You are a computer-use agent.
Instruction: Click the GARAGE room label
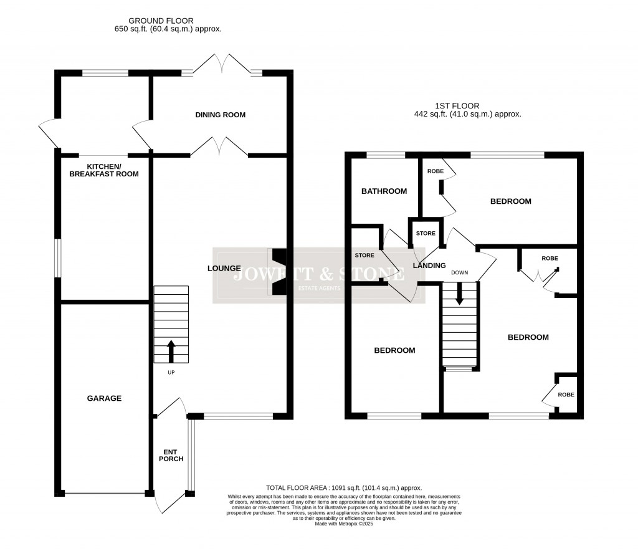105,398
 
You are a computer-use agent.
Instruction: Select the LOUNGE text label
224,269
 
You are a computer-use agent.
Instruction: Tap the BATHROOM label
384,191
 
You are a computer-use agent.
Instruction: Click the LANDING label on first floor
430,266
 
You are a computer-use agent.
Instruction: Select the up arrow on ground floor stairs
171,351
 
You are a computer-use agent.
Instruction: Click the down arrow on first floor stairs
460,294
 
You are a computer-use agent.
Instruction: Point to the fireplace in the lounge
279,272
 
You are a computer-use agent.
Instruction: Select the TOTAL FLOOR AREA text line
343,488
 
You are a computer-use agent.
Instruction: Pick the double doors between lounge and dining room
219,147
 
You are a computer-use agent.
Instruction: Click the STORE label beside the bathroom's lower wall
364,255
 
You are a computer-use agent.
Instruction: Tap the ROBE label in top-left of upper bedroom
434,171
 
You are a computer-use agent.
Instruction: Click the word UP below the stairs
171,373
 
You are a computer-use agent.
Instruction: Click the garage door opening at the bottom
105,494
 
